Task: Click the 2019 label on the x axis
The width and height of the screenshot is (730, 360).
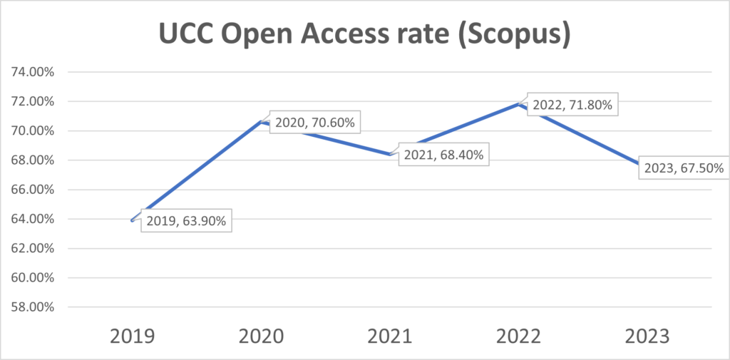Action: (133, 336)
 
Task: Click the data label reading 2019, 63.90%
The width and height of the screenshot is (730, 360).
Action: (186, 222)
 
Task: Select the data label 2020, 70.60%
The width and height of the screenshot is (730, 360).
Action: (314, 123)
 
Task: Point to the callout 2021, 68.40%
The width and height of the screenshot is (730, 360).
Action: (445, 155)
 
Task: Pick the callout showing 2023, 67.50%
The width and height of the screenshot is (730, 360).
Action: (684, 169)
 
